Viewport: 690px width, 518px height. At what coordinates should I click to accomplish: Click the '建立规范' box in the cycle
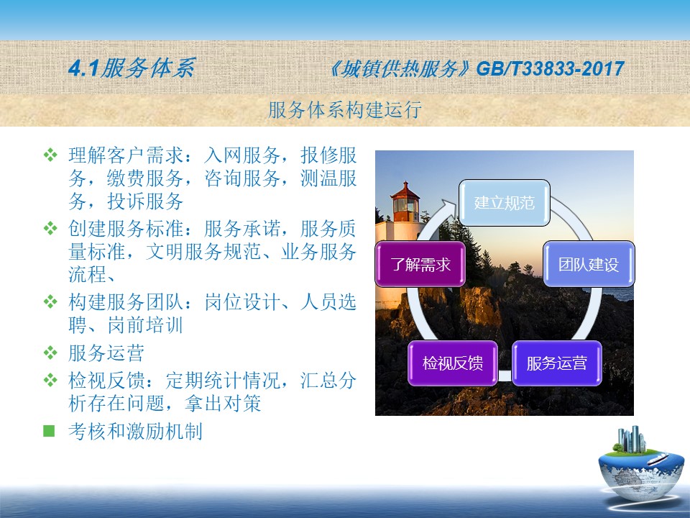click(x=505, y=203)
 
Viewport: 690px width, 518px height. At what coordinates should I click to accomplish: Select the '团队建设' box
click(x=589, y=264)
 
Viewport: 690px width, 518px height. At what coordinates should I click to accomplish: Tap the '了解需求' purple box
click(x=420, y=264)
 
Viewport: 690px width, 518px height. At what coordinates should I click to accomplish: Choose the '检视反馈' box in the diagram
click(x=453, y=363)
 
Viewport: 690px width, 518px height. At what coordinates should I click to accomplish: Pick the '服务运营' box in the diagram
click(x=556, y=363)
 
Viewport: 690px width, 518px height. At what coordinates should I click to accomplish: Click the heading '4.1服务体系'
click(x=132, y=68)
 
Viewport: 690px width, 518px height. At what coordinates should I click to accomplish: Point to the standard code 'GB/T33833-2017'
click(x=550, y=69)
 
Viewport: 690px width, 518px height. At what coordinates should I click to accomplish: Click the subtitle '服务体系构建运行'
click(x=345, y=109)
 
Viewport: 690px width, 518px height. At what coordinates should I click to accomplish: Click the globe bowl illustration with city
click(x=640, y=466)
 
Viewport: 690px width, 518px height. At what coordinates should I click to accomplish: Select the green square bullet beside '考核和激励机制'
click(x=49, y=431)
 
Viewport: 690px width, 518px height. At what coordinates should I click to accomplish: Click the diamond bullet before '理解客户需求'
click(x=50, y=155)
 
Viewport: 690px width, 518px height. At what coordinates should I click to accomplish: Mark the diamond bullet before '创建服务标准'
click(x=50, y=228)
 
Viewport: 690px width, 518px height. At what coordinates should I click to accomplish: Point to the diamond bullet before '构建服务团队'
click(x=50, y=301)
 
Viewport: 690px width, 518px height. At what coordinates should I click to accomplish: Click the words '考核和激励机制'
click(x=136, y=431)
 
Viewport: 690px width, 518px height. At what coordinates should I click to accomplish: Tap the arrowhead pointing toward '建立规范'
click(x=448, y=206)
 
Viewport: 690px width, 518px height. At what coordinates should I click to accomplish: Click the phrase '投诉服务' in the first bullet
click(x=145, y=201)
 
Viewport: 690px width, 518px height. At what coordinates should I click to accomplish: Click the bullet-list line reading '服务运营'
click(x=106, y=353)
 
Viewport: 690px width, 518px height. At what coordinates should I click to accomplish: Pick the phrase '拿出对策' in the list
click(x=223, y=403)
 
